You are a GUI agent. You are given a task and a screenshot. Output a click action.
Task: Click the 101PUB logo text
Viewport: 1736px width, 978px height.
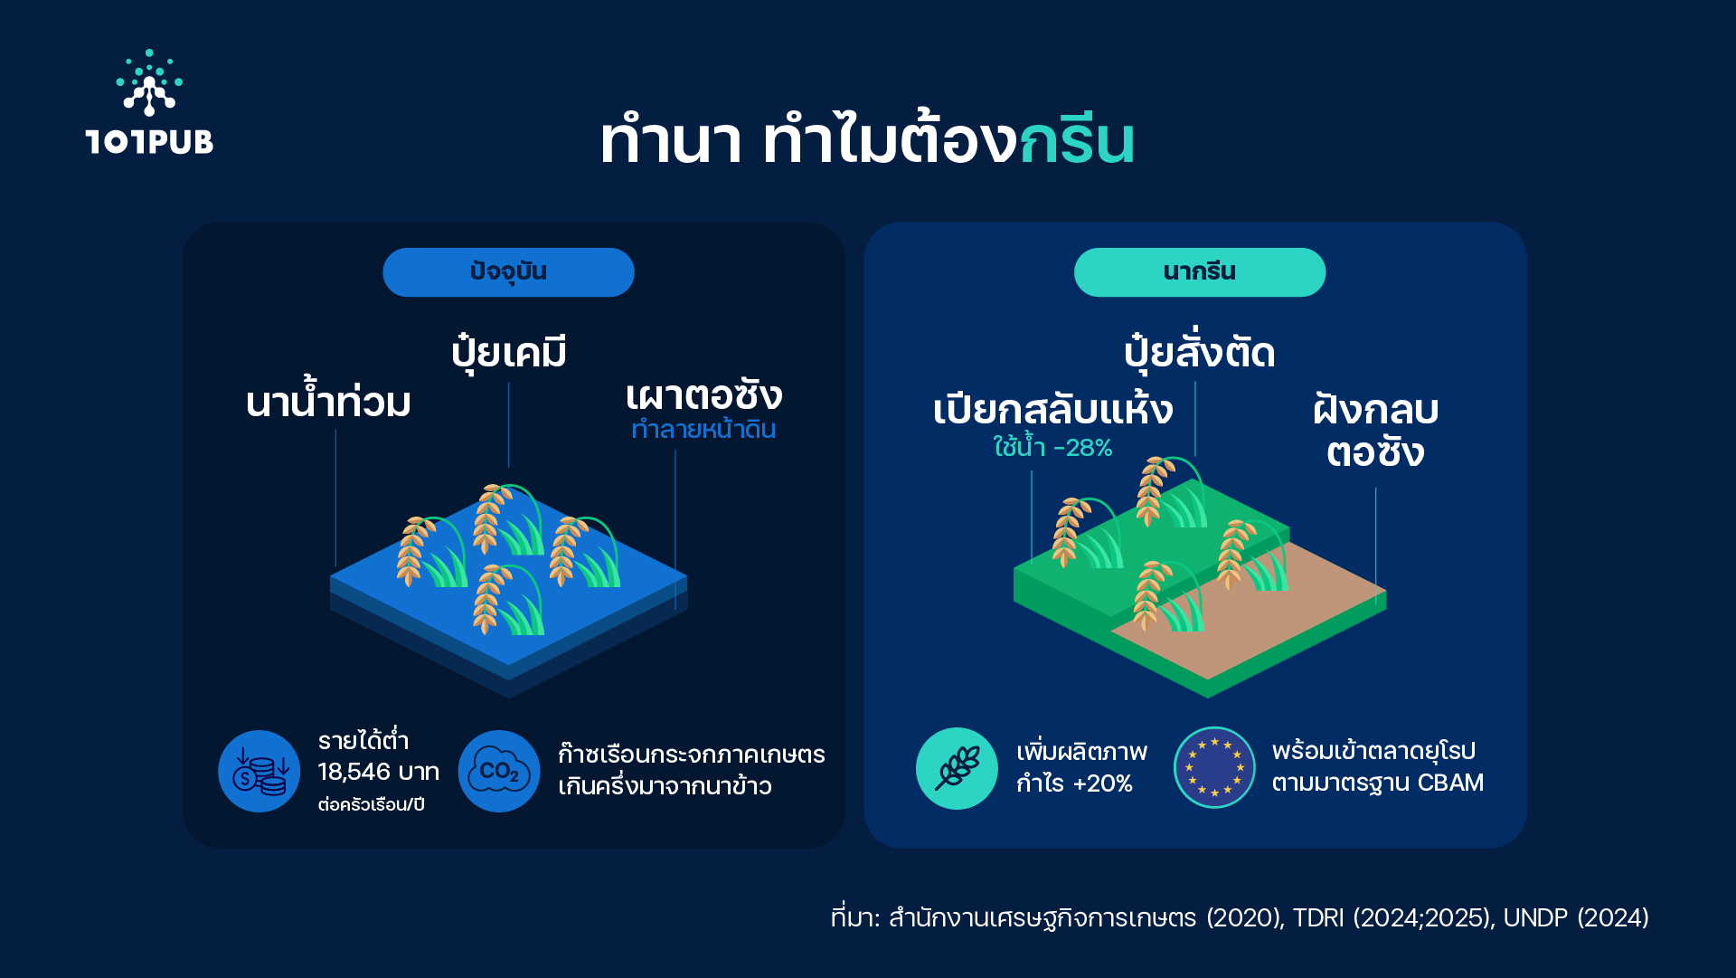(x=149, y=142)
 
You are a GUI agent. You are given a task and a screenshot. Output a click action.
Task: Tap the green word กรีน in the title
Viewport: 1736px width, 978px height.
(x=1077, y=140)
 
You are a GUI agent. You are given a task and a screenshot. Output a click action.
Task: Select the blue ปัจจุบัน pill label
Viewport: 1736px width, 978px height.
(x=508, y=272)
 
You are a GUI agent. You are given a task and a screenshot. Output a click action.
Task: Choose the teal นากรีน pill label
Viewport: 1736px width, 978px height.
(x=1200, y=272)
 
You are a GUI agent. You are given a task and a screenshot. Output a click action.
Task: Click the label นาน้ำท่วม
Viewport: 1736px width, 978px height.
(x=328, y=399)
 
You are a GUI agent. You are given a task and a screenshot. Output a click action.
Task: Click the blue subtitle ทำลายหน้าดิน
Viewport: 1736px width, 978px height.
(x=703, y=429)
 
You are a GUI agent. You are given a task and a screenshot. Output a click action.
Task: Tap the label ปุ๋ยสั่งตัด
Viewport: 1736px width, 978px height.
(x=1199, y=351)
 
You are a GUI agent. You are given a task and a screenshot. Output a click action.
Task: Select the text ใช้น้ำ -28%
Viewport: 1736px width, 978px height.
(x=1052, y=446)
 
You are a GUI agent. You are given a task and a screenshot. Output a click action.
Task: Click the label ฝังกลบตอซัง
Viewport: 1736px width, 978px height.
(x=1375, y=431)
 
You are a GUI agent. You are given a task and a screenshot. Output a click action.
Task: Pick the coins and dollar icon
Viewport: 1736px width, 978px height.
(x=259, y=771)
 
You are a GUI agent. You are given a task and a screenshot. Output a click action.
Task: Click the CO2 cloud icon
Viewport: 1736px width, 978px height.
(x=499, y=771)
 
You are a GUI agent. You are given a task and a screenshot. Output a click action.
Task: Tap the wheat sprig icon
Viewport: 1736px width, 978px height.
(x=957, y=768)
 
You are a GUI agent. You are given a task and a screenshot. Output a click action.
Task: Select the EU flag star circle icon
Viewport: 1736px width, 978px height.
(x=1214, y=767)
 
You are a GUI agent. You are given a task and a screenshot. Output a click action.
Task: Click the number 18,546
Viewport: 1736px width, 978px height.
(x=354, y=772)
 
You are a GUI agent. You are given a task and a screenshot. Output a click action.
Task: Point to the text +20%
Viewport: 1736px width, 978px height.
(x=1102, y=783)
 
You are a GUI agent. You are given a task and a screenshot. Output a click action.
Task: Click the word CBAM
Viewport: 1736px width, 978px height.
(x=1450, y=783)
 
